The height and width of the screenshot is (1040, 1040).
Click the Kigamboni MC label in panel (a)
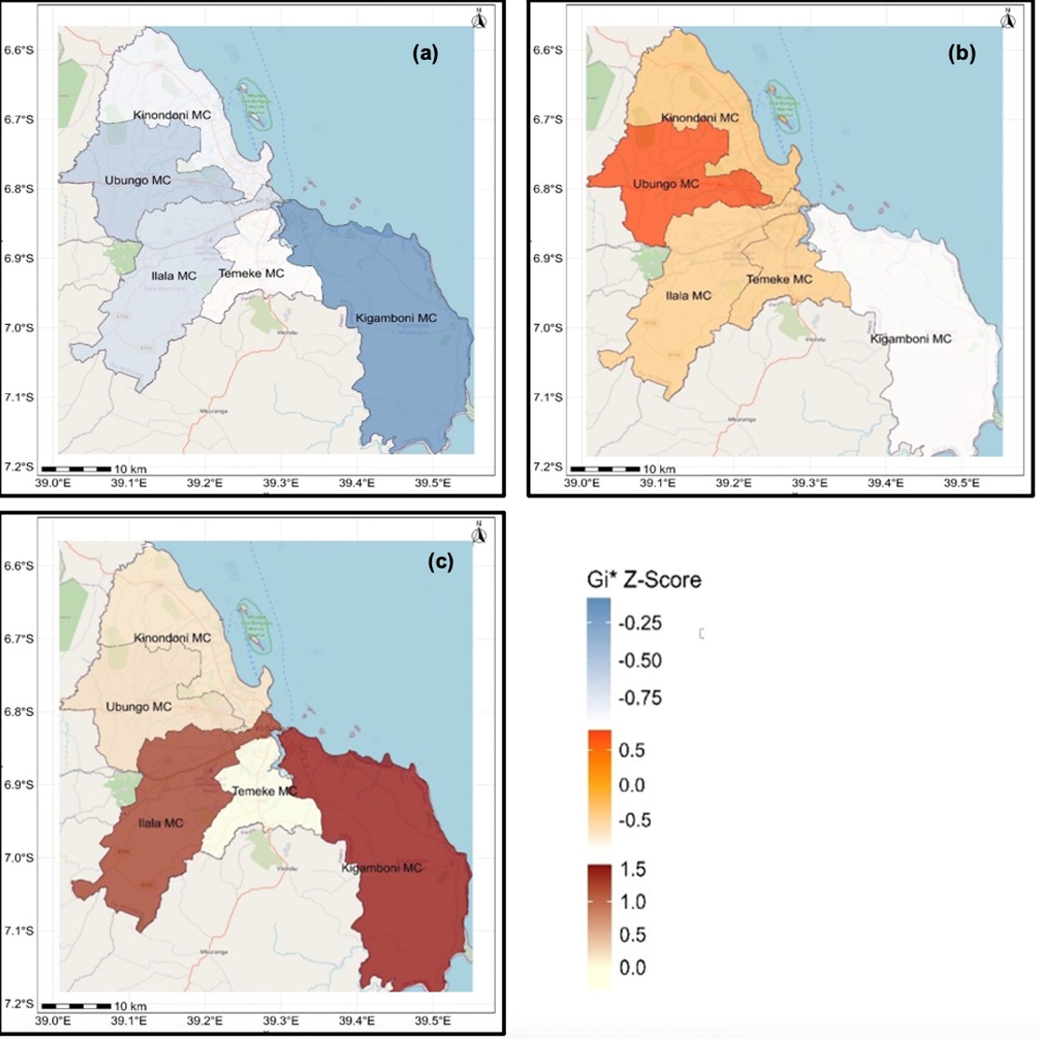pyautogui.click(x=396, y=319)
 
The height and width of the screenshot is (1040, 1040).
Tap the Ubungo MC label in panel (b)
pyautogui.click(x=666, y=184)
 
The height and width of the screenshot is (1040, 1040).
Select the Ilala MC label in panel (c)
pyautogui.click(x=161, y=823)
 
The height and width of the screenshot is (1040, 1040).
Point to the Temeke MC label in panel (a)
pyautogui.click(x=251, y=274)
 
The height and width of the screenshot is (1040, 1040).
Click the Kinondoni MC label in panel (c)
pyautogui.click(x=172, y=639)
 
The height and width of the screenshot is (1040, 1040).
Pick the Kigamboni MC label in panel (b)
pyautogui.click(x=910, y=339)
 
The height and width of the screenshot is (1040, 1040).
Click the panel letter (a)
pyautogui.click(x=426, y=53)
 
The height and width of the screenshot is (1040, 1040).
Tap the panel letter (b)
pyautogui.click(x=961, y=53)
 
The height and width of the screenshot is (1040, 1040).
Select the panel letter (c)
pyautogui.click(x=441, y=562)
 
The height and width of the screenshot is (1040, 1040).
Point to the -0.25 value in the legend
pyautogui.click(x=640, y=624)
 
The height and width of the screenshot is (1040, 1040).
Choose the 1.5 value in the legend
pyautogui.click(x=632, y=869)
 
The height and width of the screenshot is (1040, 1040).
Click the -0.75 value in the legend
pyautogui.click(x=640, y=698)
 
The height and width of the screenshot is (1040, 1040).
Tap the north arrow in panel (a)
pyautogui.click(x=478, y=18)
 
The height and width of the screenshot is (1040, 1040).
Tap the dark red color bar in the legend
pyautogui.click(x=598, y=920)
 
